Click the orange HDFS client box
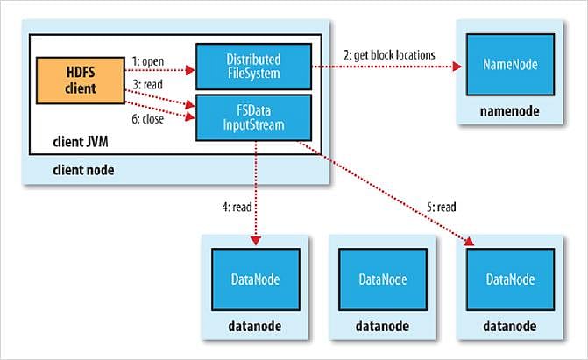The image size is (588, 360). [x=81, y=81]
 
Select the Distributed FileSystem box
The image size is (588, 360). [x=253, y=67]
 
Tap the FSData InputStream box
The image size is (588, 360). [x=253, y=117]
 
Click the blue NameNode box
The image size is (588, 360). [x=510, y=65]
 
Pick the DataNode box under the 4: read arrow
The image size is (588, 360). [x=256, y=279]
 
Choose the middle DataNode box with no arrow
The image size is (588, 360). [x=383, y=279]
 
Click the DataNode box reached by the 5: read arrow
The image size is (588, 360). [x=510, y=279]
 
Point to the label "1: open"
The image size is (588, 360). [x=148, y=61]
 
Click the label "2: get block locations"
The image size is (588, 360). [x=389, y=55]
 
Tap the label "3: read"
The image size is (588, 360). [x=148, y=84]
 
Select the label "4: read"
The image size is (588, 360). [x=237, y=207]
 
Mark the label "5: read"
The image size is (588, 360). [x=442, y=207]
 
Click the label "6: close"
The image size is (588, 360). [x=148, y=119]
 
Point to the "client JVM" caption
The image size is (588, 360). [x=81, y=142]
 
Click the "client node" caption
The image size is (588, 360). [x=83, y=170]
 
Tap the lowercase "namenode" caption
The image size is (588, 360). [x=510, y=111]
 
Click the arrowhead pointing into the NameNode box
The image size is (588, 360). [x=457, y=67]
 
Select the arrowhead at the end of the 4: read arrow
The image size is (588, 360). [x=256, y=240]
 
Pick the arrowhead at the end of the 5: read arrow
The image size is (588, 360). [x=469, y=242]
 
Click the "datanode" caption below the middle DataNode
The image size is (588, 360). [x=382, y=326]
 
